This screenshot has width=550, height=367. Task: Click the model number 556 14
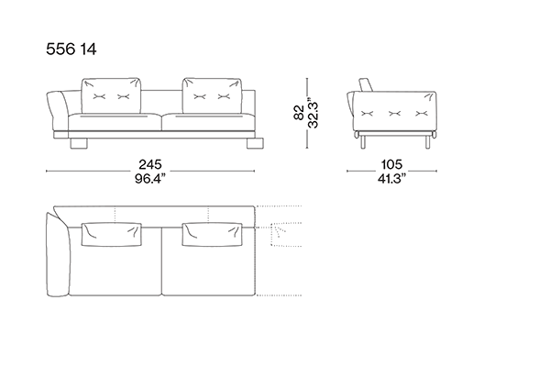71,49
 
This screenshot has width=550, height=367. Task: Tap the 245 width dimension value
150,164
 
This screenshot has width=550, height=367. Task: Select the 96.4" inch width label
150,178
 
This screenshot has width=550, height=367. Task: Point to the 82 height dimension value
299,112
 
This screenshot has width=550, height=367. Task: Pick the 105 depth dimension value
391,164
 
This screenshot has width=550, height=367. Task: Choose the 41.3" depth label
391,178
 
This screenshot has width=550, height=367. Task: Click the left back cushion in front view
111,95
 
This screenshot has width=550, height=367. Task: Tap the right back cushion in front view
212,95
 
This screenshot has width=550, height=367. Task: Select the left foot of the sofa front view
79,143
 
